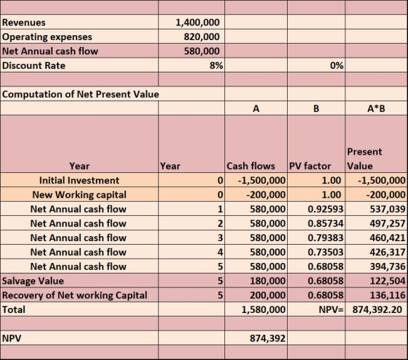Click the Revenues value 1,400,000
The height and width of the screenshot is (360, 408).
pyautogui.click(x=198, y=22)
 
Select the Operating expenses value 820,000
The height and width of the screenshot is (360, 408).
pyautogui.click(x=202, y=37)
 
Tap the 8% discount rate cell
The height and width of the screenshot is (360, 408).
pyautogui.click(x=216, y=65)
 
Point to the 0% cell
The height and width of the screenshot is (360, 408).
pyautogui.click(x=337, y=65)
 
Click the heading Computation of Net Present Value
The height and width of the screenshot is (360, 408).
pyautogui.click(x=80, y=94)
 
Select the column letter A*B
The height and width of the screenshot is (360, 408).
pyautogui.click(x=376, y=108)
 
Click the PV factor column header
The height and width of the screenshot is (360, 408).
pyautogui.click(x=310, y=166)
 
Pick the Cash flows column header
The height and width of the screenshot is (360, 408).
pyautogui.click(x=250, y=166)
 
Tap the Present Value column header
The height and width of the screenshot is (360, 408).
pyautogui.click(x=364, y=159)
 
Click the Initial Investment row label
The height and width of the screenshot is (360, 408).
pyautogui.click(x=79, y=180)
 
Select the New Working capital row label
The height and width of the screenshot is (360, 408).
pyautogui.click(x=79, y=195)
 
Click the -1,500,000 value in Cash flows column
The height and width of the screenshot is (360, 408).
pyautogui.click(x=262, y=180)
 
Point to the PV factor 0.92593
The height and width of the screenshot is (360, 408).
pyautogui.click(x=325, y=209)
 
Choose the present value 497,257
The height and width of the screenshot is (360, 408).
pyautogui.click(x=388, y=223)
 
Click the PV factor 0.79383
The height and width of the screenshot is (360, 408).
pyautogui.click(x=325, y=238)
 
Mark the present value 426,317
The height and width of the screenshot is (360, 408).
pyautogui.click(x=388, y=252)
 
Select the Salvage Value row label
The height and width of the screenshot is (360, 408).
pyautogui.click(x=33, y=281)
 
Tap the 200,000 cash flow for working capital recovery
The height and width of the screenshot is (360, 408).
pyautogui.click(x=267, y=295)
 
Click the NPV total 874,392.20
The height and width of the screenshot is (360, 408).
pyautogui.click(x=377, y=309)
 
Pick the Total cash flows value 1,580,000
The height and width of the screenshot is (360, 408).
pyautogui.click(x=263, y=309)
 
